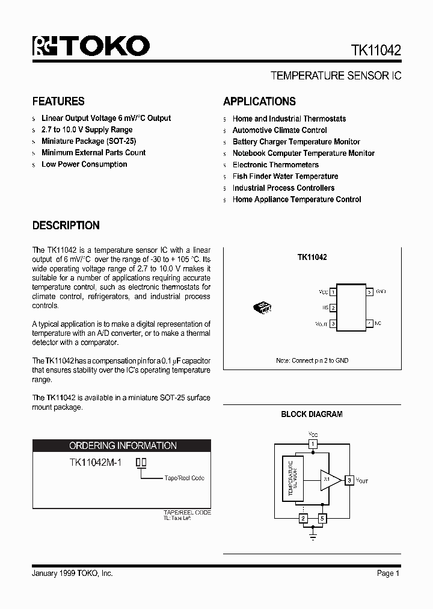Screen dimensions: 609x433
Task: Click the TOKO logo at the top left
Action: click(91, 46)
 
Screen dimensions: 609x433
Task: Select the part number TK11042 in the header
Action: click(372, 50)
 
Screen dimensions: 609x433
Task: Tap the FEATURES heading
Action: click(58, 102)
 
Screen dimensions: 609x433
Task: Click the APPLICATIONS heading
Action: click(259, 102)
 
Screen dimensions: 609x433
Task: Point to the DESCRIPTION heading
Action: click(66, 226)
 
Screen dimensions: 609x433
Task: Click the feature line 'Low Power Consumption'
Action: click(84, 164)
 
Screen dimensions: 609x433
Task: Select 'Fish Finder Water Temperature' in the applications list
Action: click(285, 176)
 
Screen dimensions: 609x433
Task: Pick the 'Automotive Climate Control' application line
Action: click(280, 130)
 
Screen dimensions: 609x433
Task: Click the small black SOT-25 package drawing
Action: click(263, 308)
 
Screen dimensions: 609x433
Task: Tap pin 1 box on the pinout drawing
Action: click(333, 292)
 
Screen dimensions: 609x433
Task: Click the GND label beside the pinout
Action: click(381, 291)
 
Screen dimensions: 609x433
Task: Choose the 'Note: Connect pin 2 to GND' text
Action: click(312, 360)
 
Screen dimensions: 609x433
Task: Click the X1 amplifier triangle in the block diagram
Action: click(328, 480)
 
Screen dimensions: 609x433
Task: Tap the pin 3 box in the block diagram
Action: click(349, 480)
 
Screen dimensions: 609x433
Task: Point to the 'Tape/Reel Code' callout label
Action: click(184, 478)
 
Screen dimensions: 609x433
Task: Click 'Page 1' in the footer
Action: click(388, 573)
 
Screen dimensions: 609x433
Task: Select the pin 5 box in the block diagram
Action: click(322, 518)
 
